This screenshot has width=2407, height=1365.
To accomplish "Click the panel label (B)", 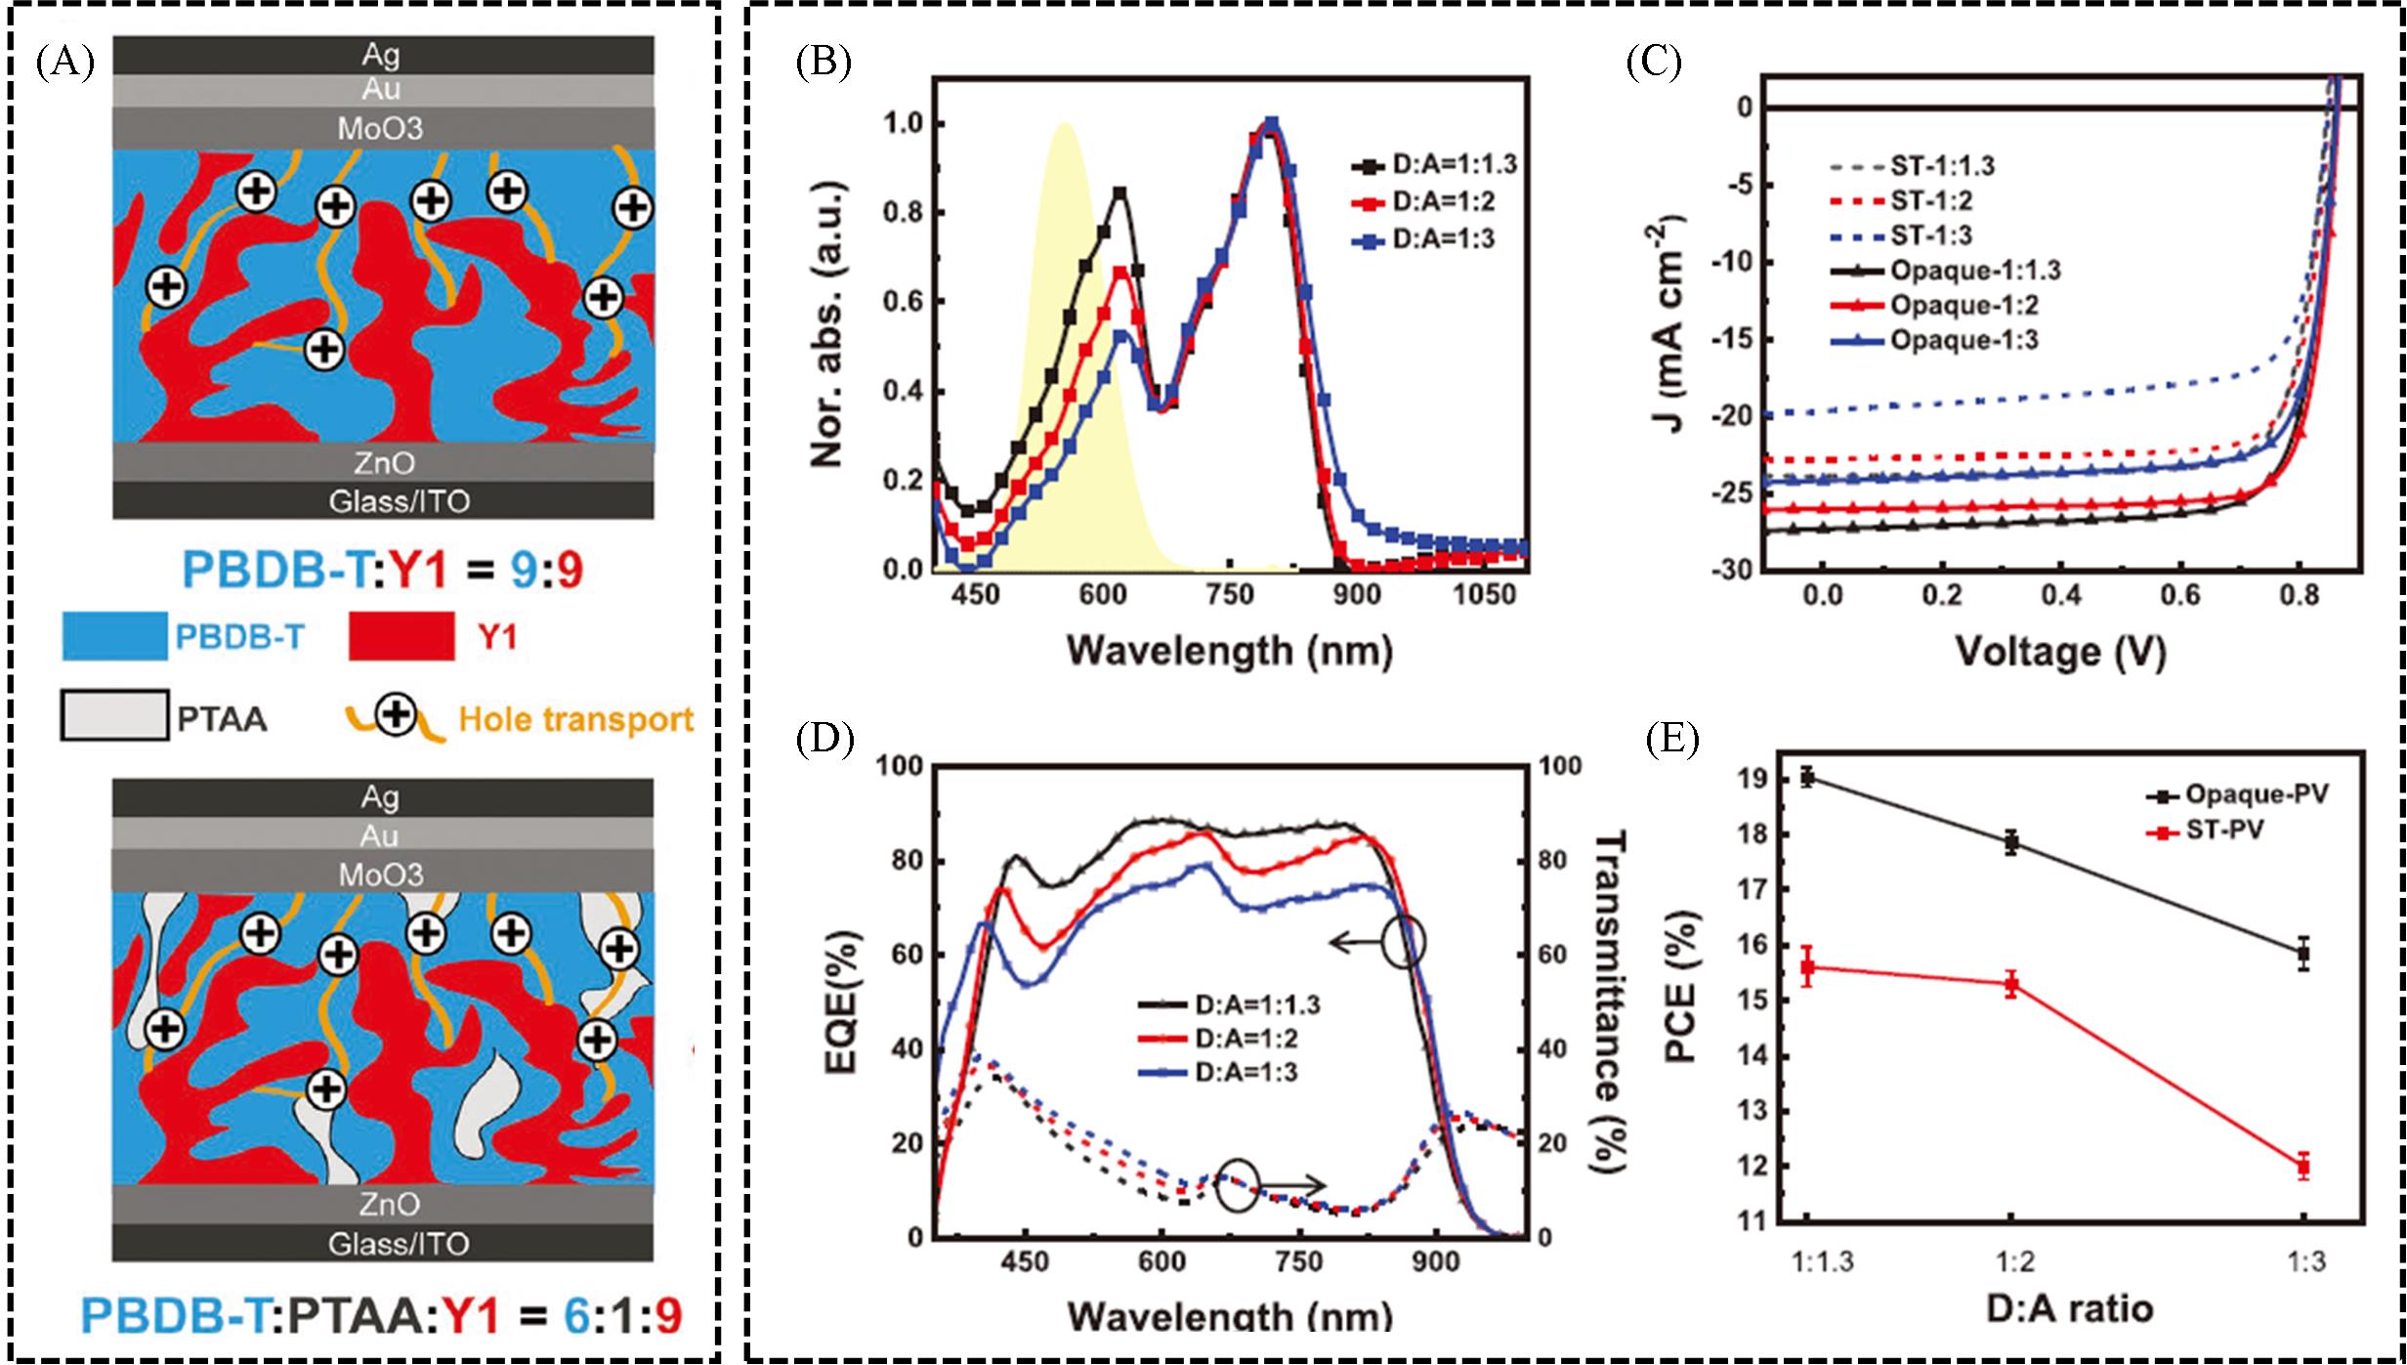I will (x=823, y=62).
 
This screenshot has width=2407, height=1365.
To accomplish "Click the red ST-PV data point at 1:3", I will (x=2303, y=1166).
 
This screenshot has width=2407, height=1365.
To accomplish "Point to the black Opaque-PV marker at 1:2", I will (x=2010, y=842).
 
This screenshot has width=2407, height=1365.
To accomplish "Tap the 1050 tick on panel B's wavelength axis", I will (x=1484, y=594).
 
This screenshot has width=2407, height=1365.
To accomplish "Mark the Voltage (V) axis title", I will (x=2061, y=652).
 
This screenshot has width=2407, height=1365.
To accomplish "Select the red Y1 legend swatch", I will (x=401, y=637).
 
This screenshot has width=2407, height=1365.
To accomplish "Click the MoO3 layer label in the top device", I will (x=380, y=128).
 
